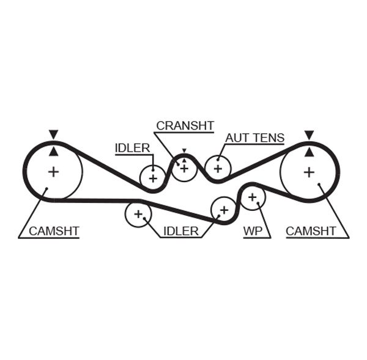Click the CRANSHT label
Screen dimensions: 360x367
tap(185, 126)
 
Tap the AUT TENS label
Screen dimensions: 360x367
tap(254, 138)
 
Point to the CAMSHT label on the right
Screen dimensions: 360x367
tap(311, 231)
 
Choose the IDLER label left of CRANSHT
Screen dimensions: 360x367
tap(132, 147)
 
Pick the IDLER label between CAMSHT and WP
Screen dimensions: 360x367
tap(180, 231)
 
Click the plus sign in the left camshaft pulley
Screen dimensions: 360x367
tap(54, 172)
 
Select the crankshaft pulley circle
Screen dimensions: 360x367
tap(183, 168)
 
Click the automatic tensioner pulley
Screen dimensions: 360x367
tap(217, 167)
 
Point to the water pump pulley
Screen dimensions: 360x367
tap(252, 197)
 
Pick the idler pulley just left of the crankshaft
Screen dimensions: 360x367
tap(152, 178)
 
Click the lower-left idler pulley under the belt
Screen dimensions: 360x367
tap(138, 214)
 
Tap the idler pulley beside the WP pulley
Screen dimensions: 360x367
tap(223, 210)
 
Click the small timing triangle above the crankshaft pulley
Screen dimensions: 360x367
tap(183, 150)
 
